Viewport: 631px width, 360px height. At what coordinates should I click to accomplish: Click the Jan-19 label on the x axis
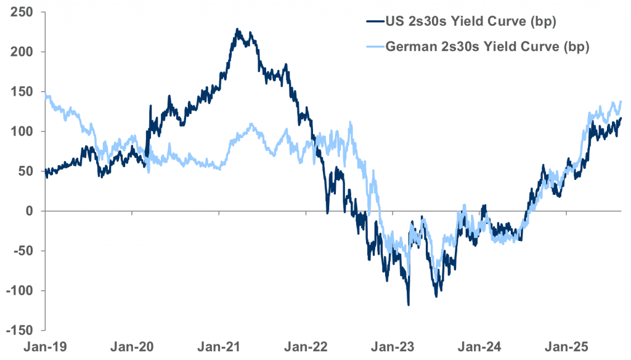pyautogui.click(x=46, y=346)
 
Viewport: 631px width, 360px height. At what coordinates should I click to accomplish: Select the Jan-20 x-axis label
pyautogui.click(x=132, y=346)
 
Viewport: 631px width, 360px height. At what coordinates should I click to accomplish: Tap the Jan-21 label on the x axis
pyautogui.click(x=219, y=346)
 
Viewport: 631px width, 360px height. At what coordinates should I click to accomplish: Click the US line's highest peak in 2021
pyautogui.click(x=237, y=29)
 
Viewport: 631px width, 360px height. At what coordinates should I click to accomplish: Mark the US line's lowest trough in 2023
pyautogui.click(x=409, y=305)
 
